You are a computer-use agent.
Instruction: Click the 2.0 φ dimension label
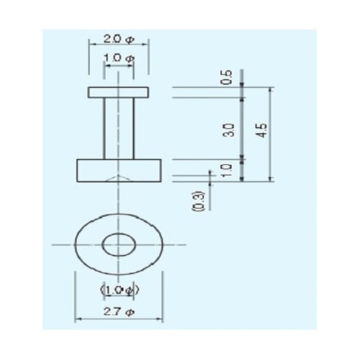118,37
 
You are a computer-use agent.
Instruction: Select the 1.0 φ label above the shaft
118,58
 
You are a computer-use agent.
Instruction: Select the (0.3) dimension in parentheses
199,201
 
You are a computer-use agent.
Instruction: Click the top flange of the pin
119,92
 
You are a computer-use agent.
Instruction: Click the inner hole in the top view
118,244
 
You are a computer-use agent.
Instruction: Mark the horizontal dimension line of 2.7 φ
94,319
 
